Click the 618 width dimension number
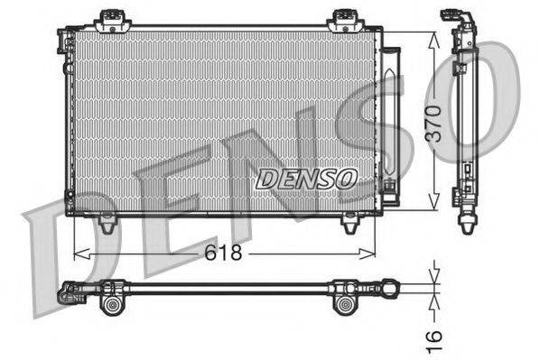tap(222, 254)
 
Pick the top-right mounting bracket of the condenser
tap(343, 18)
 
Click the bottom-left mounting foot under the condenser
tap(107, 222)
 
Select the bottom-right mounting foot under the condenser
tap(347, 222)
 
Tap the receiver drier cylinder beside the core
tap(388, 117)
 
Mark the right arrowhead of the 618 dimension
tap(371, 254)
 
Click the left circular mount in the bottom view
tap(116, 304)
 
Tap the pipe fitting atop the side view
tap(452, 20)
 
